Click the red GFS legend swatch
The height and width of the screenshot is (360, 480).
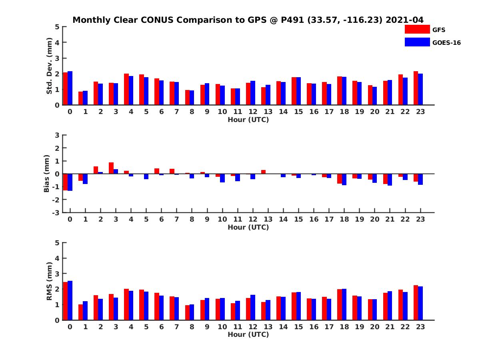(417, 29)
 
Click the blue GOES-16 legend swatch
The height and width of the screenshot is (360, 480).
(417, 42)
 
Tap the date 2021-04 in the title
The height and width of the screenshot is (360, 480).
(404, 20)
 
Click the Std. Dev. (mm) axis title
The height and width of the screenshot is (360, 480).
(50, 66)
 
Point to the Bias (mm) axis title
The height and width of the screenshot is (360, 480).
(47, 174)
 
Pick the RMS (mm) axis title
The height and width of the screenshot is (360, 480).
(50, 281)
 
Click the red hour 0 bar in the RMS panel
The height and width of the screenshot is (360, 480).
(66, 301)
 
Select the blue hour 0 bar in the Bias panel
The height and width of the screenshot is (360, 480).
(70, 182)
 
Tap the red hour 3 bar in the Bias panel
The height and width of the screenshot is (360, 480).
(111, 168)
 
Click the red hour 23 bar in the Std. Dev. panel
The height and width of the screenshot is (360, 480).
(416, 88)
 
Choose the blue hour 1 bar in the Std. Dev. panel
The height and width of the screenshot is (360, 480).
(85, 98)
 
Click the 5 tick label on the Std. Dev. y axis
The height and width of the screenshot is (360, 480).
(58, 27)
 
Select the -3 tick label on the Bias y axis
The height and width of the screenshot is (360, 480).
(56, 212)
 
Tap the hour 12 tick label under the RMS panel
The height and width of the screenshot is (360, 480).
(253, 326)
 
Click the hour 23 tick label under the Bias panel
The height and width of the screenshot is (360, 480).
(420, 219)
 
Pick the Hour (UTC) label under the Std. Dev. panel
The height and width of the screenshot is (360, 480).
(248, 120)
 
